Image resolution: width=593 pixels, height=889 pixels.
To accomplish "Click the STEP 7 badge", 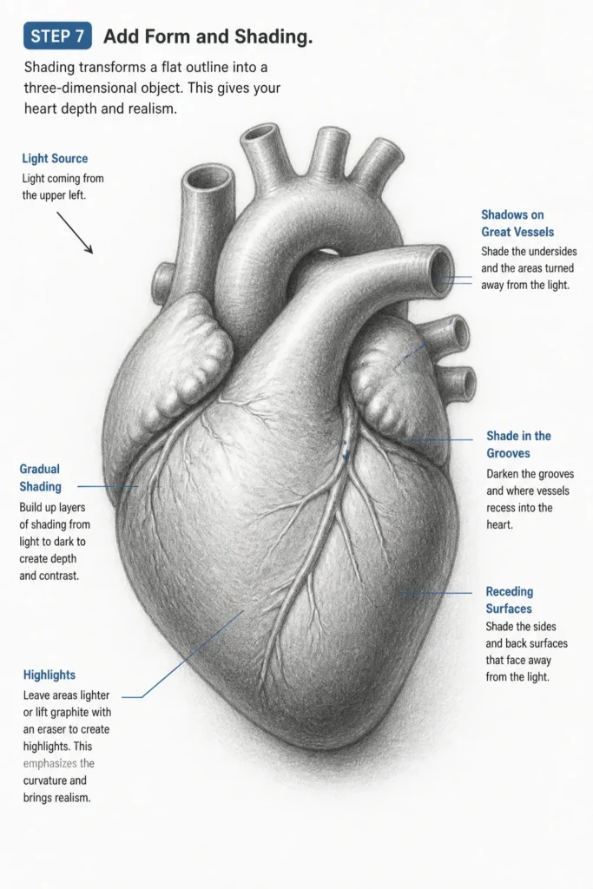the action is (58, 36).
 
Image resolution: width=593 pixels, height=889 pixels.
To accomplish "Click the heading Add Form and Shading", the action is (208, 36).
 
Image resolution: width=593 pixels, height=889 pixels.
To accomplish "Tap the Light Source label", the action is (55, 159).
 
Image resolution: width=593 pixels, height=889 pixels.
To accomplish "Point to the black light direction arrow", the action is (75, 233).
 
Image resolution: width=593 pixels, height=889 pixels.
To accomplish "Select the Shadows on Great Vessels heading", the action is (517, 223).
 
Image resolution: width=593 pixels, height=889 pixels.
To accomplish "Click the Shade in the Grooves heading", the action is (518, 444).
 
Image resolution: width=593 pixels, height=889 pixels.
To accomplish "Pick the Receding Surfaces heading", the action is (509, 600).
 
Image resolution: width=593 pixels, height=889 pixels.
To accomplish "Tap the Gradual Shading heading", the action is (40, 477).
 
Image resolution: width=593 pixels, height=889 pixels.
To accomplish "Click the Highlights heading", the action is (49, 675).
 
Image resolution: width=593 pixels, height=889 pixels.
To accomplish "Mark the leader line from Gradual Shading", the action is (108, 486).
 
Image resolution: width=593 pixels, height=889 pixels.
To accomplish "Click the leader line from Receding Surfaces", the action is (435, 593).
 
